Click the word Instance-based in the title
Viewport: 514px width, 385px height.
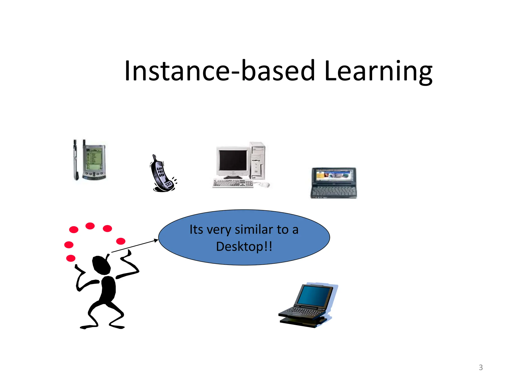[x=220, y=71]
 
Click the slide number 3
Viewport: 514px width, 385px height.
[x=481, y=367]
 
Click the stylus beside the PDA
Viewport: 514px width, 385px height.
[x=75, y=160]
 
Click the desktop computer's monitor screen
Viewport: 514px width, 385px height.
[x=233, y=160]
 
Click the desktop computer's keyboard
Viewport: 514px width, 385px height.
[x=232, y=183]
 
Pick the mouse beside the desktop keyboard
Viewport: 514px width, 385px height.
[x=264, y=185]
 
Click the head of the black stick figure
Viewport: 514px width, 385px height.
[x=101, y=265]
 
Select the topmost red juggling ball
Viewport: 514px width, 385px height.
[x=90, y=226]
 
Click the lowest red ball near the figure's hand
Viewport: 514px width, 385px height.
[x=71, y=258]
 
